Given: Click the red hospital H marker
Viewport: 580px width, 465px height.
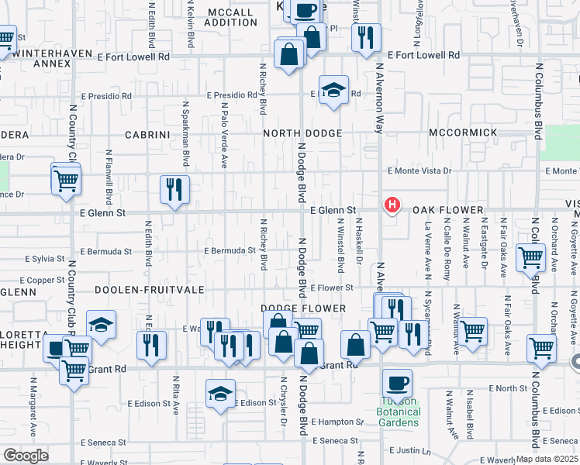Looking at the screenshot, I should [x=393, y=205].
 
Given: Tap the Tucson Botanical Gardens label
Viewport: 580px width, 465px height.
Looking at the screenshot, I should [x=399, y=412].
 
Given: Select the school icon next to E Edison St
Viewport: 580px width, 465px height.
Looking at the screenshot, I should [x=221, y=394].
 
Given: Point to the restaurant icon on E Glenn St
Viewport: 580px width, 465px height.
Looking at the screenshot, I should [x=174, y=189].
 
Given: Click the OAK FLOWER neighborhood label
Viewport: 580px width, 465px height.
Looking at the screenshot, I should [x=448, y=211].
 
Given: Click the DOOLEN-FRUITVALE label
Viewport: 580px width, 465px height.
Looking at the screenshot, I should [x=149, y=289].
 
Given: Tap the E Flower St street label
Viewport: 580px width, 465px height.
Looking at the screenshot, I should [x=332, y=288].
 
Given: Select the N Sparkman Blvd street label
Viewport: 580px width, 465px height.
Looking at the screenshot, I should [x=186, y=133].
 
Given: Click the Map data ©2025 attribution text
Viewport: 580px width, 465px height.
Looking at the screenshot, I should [x=547, y=459].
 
